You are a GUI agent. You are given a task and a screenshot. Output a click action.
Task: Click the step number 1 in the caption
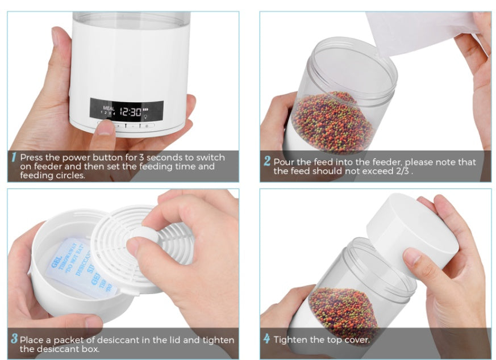tap(14, 157)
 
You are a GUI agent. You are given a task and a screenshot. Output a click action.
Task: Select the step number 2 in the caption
tap(266, 161)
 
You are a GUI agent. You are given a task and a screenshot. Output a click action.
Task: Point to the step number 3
tap(14, 340)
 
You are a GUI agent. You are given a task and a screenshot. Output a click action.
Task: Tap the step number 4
tap(266, 340)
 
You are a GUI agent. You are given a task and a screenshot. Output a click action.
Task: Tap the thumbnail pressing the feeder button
tap(105, 129)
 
